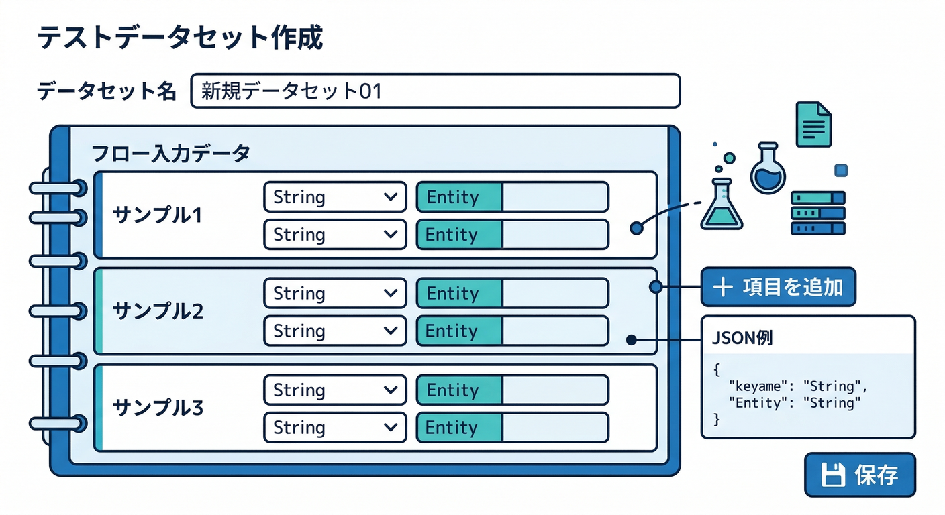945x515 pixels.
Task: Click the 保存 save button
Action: coord(859,475)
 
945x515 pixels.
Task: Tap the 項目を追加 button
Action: coord(778,287)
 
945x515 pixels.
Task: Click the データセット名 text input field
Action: coord(435,91)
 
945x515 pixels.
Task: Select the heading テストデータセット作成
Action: coord(180,38)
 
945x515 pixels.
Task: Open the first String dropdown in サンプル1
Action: coord(334,197)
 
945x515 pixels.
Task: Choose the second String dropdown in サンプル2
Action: coord(334,331)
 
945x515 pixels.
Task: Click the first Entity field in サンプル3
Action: coord(512,390)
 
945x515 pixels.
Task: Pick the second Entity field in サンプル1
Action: coord(512,235)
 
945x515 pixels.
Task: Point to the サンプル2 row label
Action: coord(158,311)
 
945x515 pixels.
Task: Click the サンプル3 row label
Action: coord(158,407)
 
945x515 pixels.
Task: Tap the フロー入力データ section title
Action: coord(170,153)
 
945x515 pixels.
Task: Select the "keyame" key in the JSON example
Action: coord(760,386)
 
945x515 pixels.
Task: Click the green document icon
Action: coord(813,124)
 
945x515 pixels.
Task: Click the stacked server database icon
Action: coord(817,213)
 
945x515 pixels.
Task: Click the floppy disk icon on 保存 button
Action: coord(833,475)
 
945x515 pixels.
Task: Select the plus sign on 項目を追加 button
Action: coord(722,288)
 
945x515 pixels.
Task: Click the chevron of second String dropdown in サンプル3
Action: coord(389,427)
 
